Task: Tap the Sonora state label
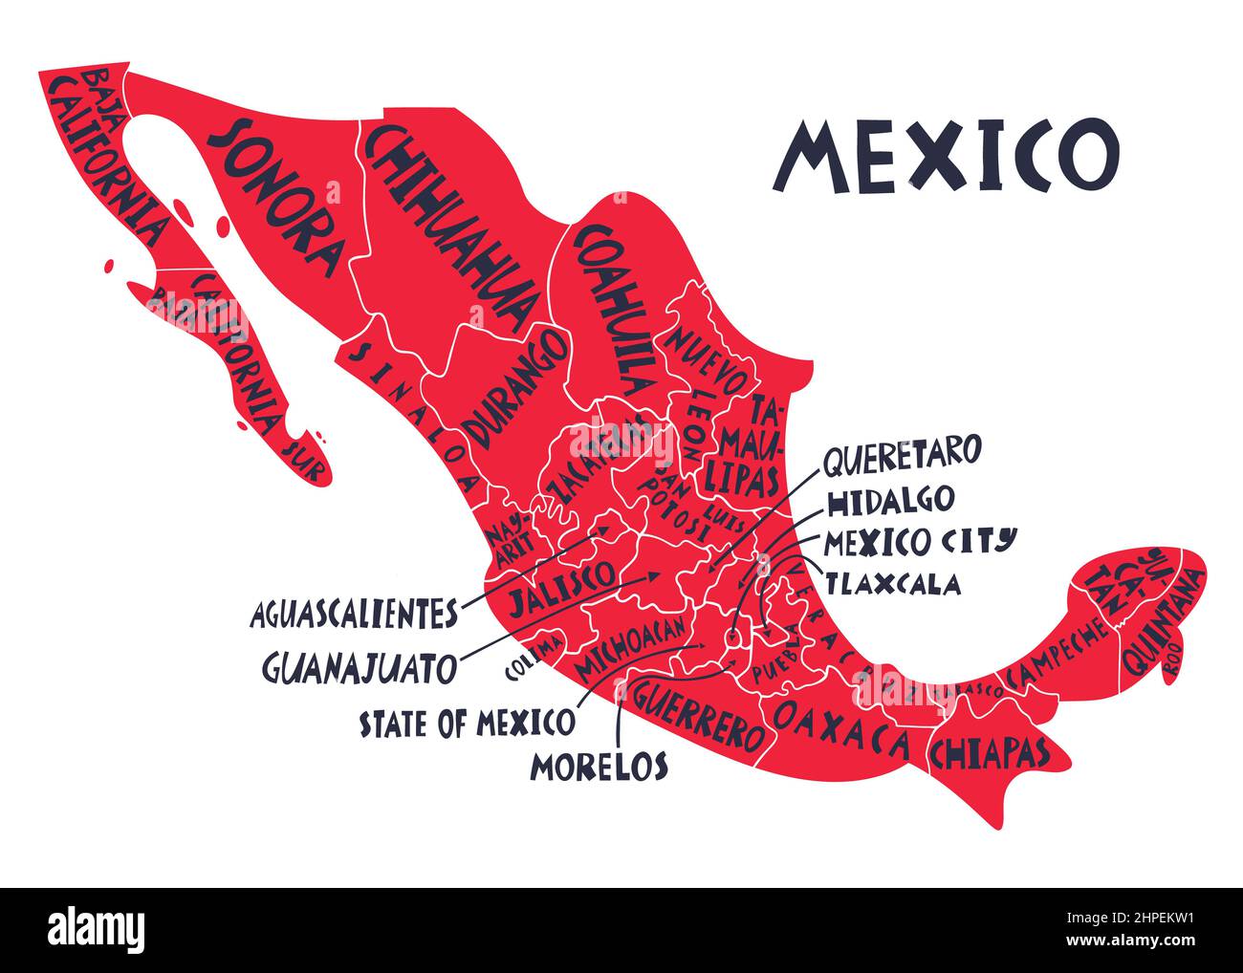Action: (x=275, y=196)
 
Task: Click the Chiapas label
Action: (x=989, y=752)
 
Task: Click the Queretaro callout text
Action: (x=902, y=453)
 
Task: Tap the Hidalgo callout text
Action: (x=890, y=500)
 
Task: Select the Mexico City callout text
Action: (x=919, y=541)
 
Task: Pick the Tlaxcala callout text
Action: (x=893, y=583)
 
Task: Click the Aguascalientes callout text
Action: (x=354, y=615)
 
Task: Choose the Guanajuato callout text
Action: (x=360, y=667)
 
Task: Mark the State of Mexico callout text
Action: (x=468, y=724)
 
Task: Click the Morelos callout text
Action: (x=600, y=766)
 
